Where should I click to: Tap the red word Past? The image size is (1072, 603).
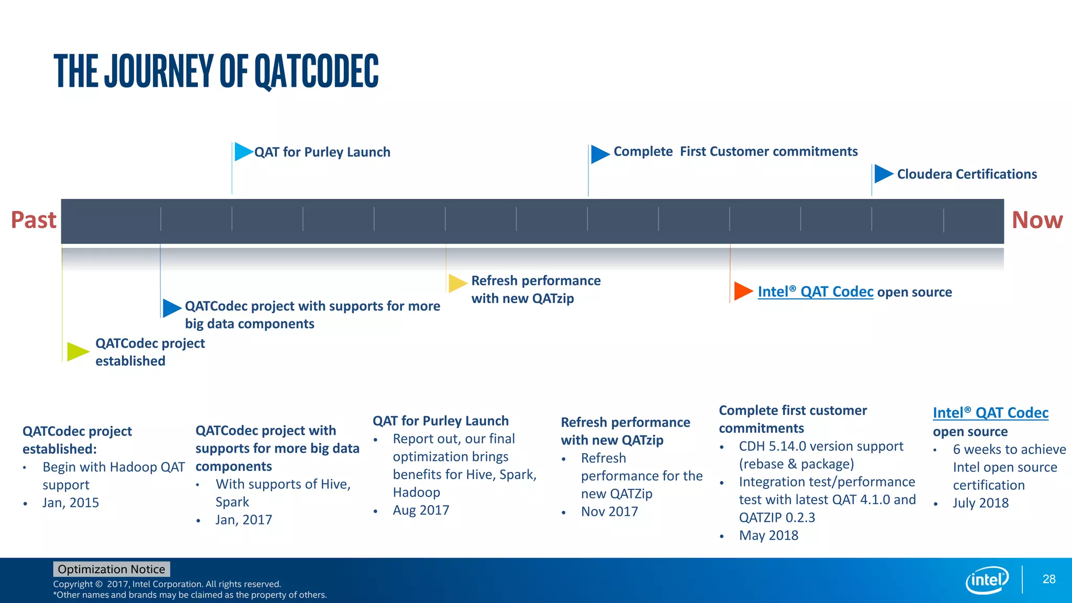(33, 220)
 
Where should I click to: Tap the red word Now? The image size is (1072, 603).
(1037, 220)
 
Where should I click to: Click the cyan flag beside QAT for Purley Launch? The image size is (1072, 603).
(243, 152)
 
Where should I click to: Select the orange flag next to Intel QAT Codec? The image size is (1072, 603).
(743, 291)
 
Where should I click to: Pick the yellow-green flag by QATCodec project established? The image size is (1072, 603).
(77, 351)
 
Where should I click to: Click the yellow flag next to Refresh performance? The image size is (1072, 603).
(457, 283)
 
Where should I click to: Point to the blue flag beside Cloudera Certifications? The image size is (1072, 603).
(883, 174)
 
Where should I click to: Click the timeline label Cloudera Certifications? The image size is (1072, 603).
(967, 174)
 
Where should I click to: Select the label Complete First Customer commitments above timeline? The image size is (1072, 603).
(735, 152)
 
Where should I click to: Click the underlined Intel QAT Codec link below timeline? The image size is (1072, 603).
(815, 292)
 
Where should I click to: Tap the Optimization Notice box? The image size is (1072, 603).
(111, 569)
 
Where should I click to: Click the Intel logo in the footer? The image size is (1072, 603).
(987, 580)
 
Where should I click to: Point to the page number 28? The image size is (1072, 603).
(1048, 579)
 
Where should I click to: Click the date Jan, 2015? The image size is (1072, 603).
(71, 502)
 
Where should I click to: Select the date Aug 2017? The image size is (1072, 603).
(421, 510)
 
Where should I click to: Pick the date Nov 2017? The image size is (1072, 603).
(609, 511)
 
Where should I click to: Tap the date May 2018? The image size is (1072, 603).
(768, 535)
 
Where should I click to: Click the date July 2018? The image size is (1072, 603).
(980, 503)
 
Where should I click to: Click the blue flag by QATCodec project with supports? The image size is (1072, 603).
(171, 308)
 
